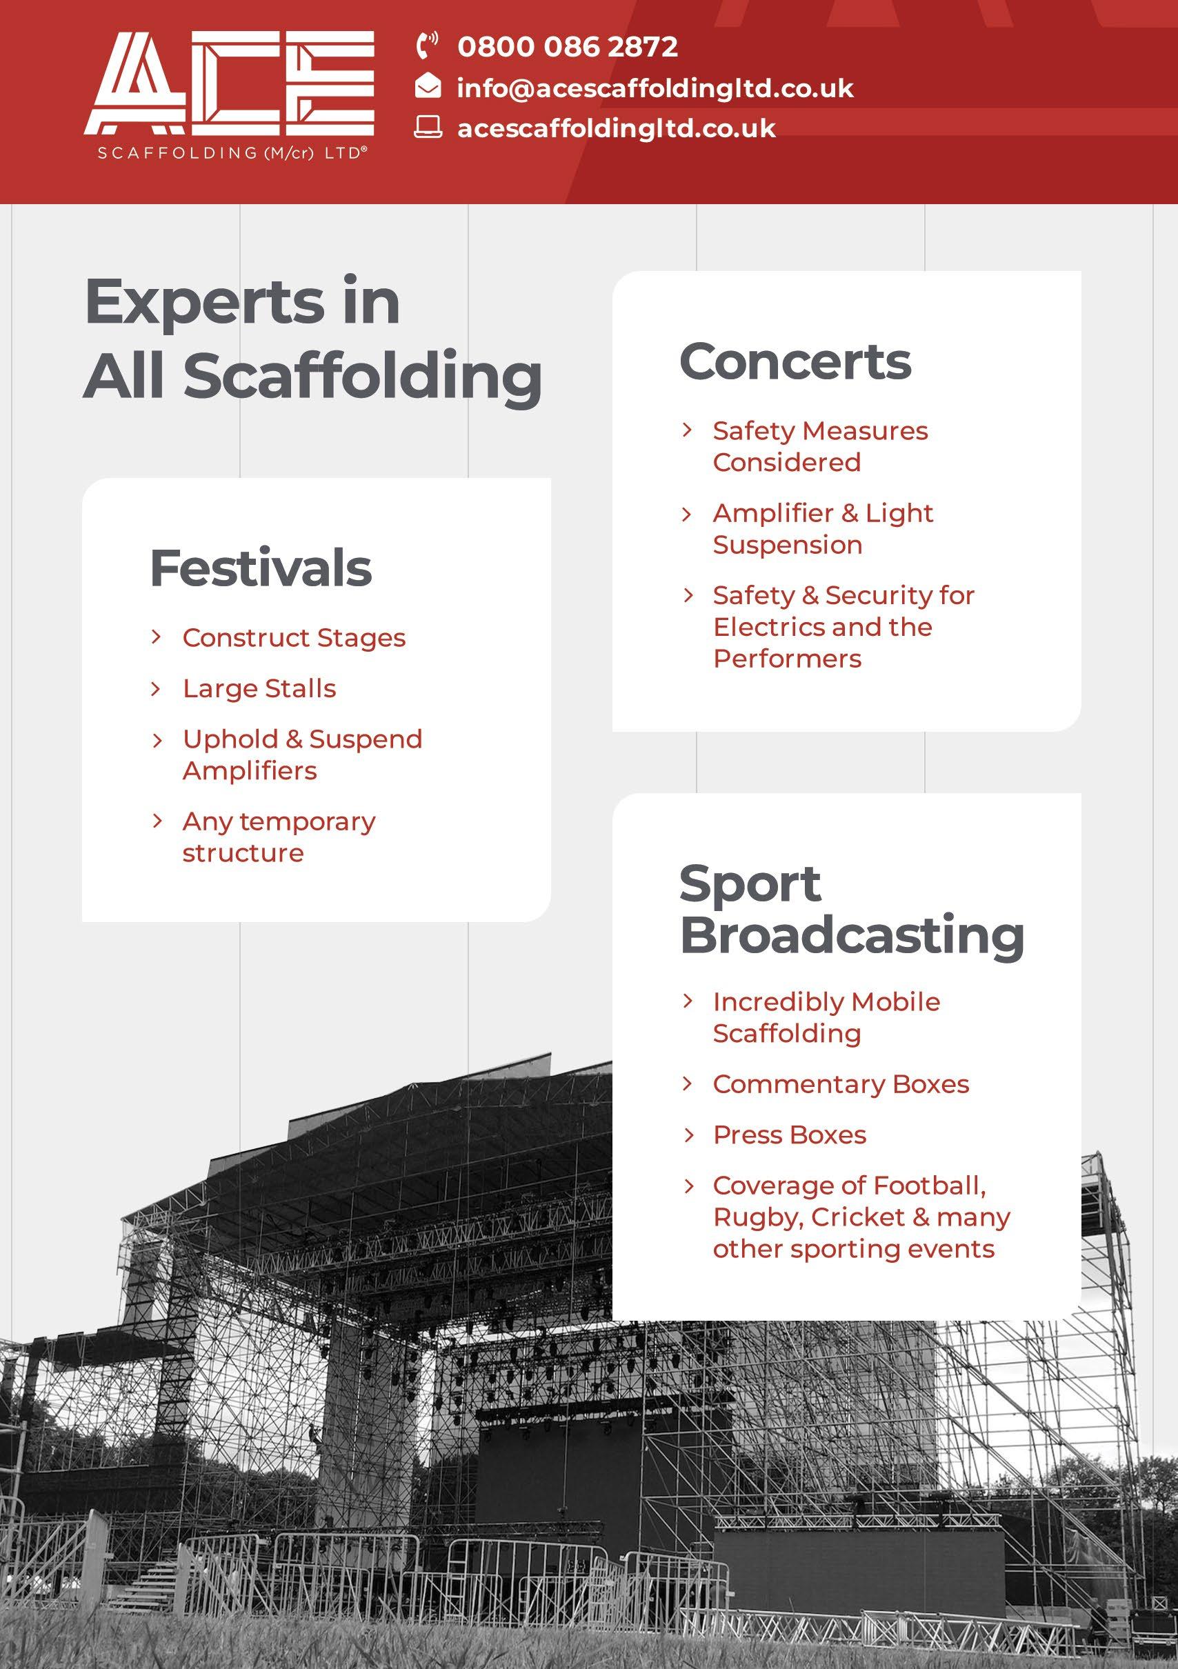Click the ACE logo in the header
(x=229, y=83)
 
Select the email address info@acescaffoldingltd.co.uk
(x=655, y=88)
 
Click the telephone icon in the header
(x=427, y=45)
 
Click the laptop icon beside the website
(x=428, y=127)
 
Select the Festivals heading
(x=260, y=568)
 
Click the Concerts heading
(x=795, y=361)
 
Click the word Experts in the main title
(x=203, y=301)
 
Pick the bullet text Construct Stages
(x=294, y=638)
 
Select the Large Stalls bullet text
(x=259, y=688)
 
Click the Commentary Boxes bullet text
(x=841, y=1084)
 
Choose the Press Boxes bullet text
(x=789, y=1135)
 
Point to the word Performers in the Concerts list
(x=787, y=659)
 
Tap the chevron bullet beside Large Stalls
(x=156, y=688)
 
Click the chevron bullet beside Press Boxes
(x=688, y=1135)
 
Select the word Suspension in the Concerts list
(x=788, y=546)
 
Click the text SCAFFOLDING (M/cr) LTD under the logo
(x=230, y=153)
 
